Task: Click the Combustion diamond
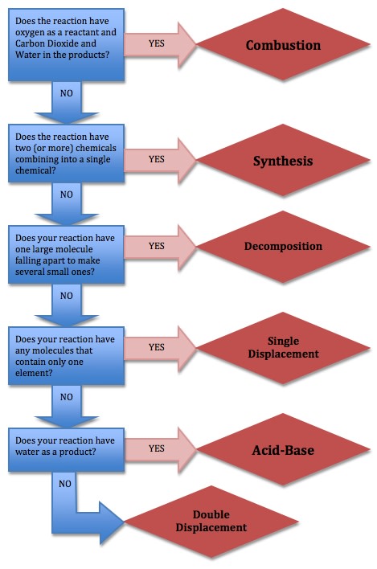coord(282,45)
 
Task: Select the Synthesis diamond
coord(282,162)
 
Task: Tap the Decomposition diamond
coord(282,246)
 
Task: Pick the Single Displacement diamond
coord(282,347)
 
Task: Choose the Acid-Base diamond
coord(282,450)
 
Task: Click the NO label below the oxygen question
coord(66,93)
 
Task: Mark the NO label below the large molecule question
coord(66,296)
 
